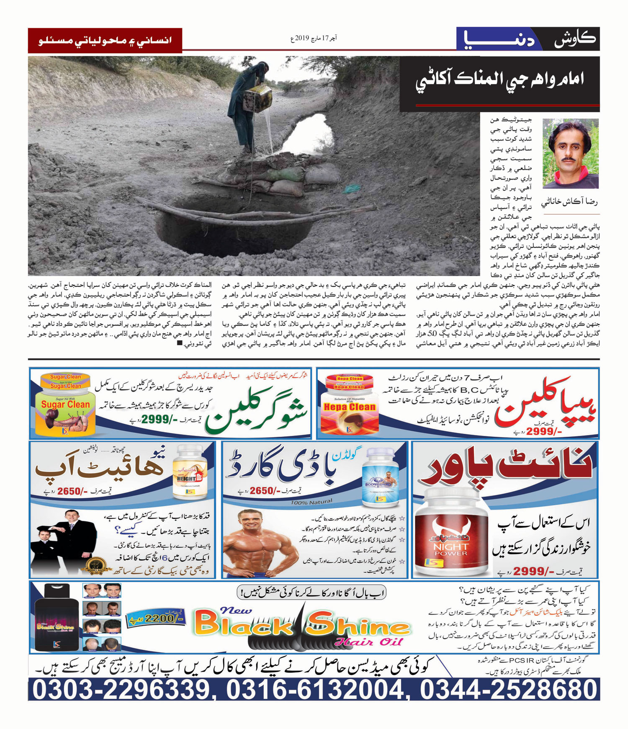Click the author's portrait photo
pos(570,154)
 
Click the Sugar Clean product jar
pos(65,404)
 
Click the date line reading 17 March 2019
pos(314,39)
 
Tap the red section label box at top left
pos(105,41)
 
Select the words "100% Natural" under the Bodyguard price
pos(311,502)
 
